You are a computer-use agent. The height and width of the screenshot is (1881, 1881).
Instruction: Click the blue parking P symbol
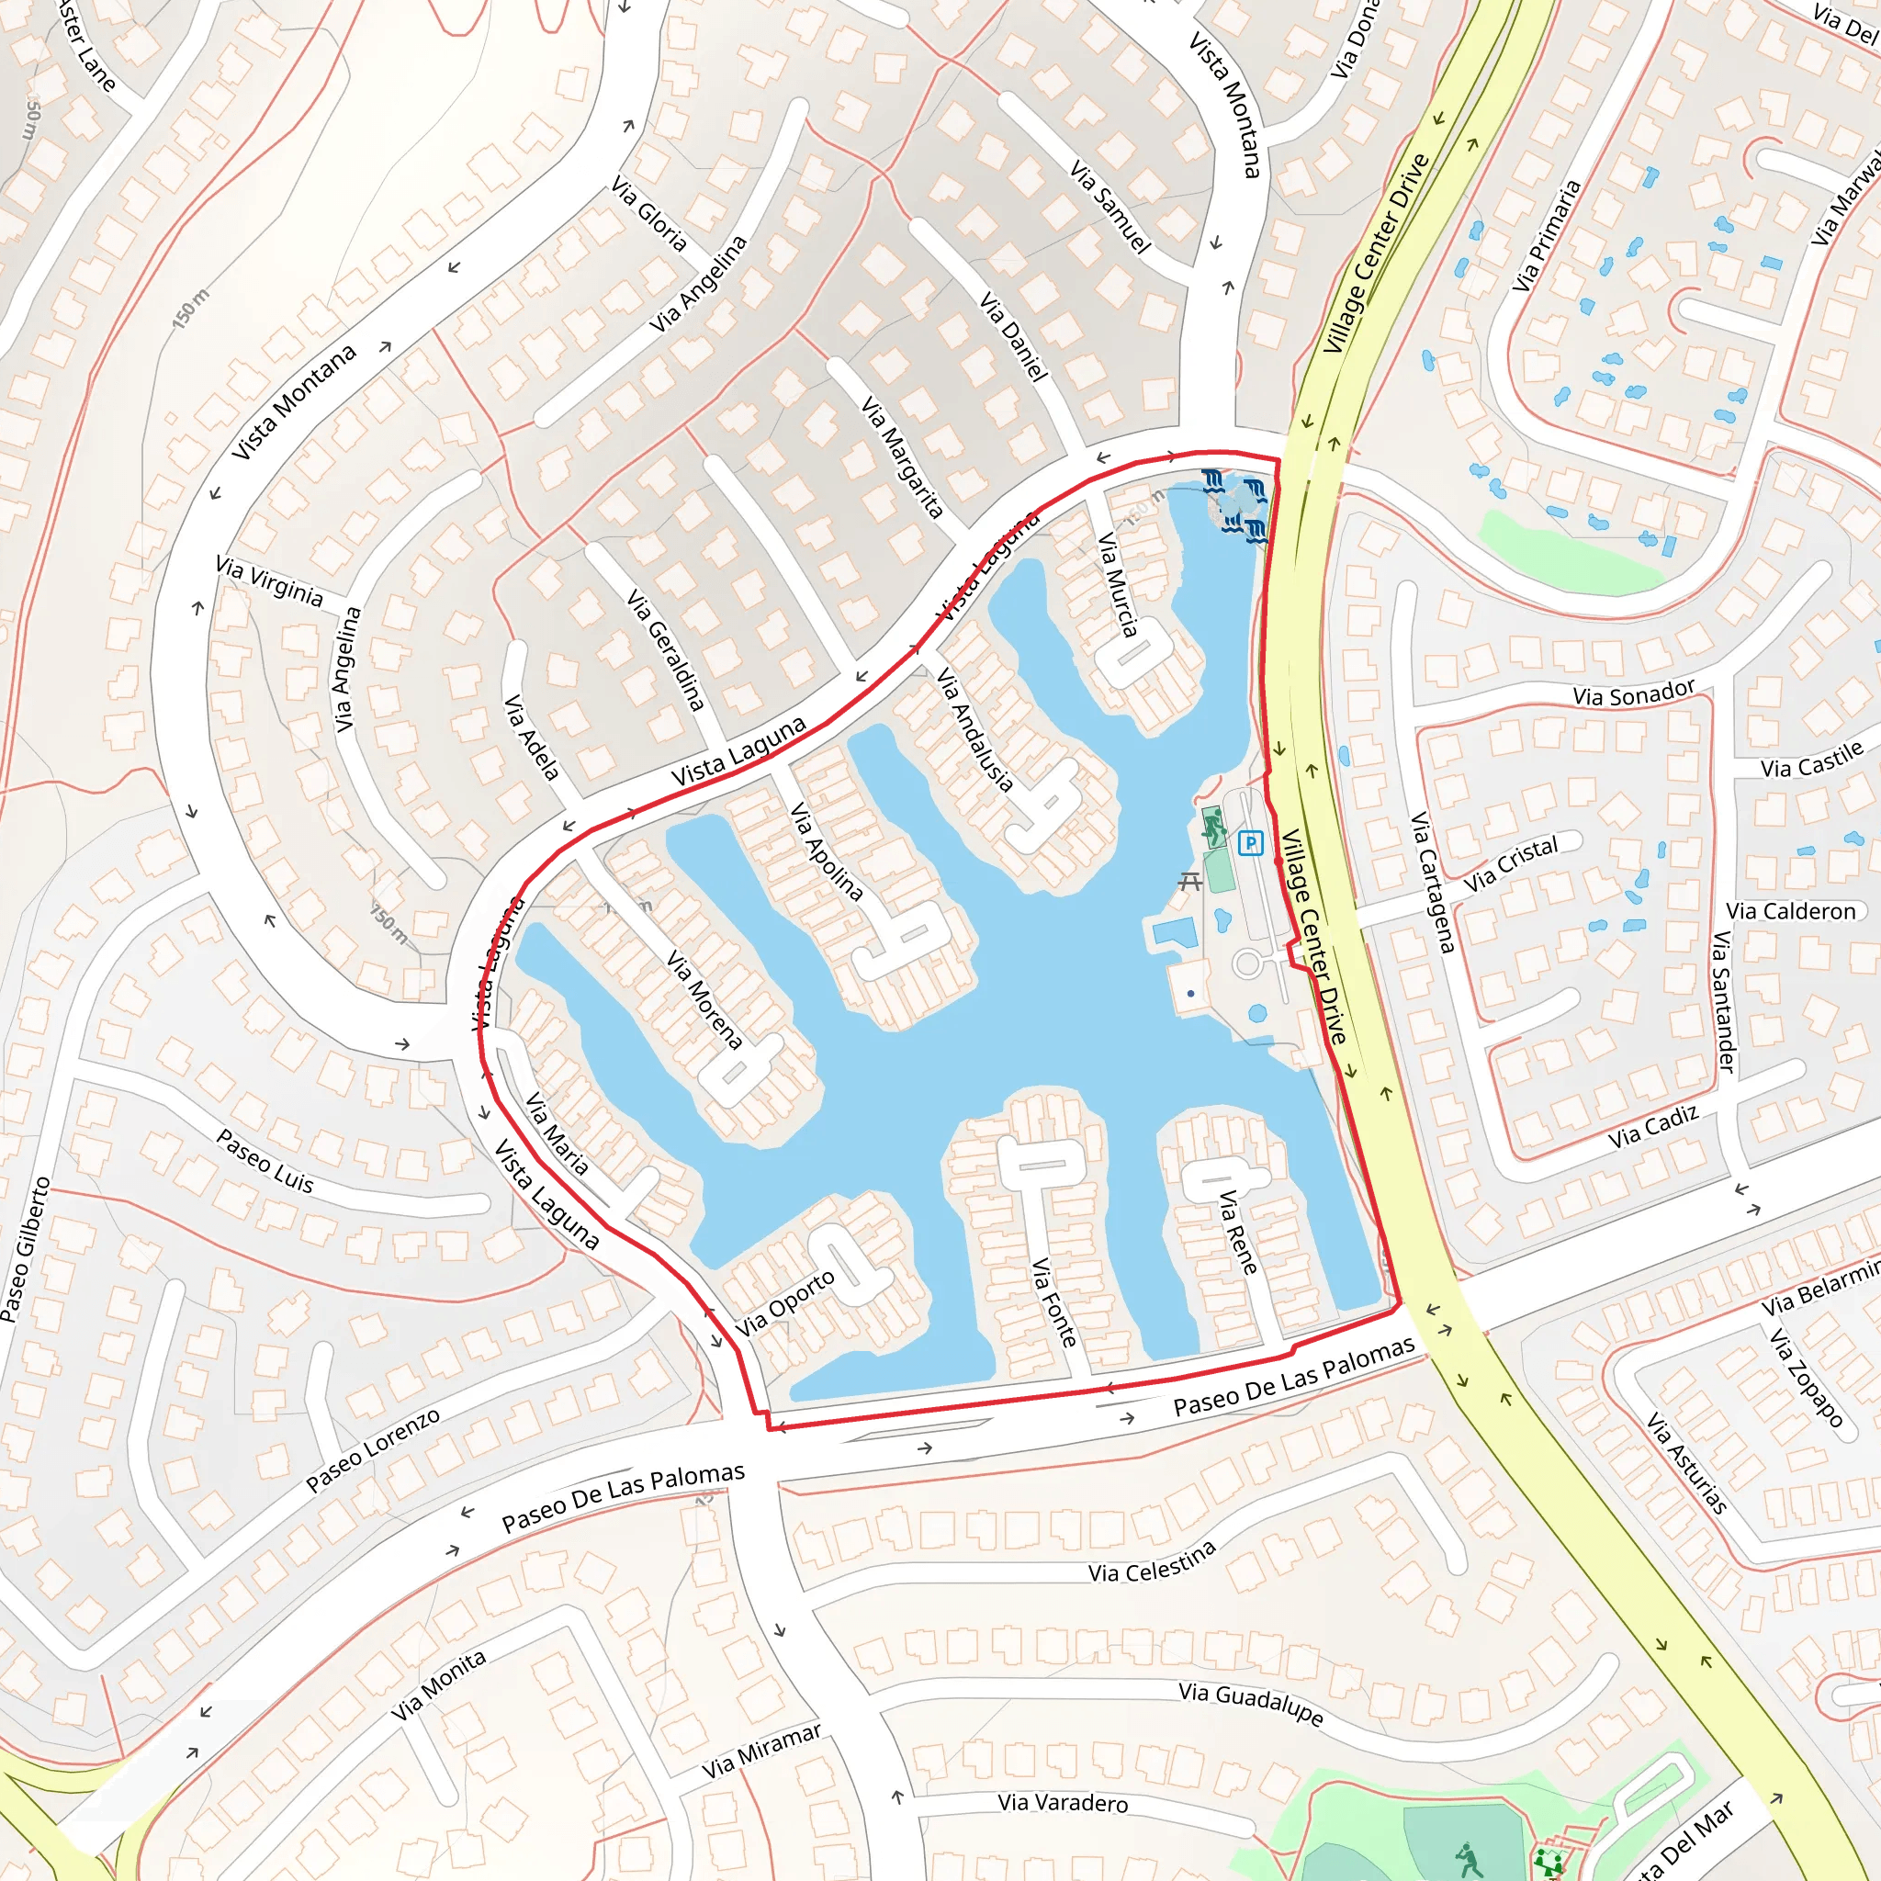point(1250,843)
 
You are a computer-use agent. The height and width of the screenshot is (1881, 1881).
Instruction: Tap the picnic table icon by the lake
point(1189,882)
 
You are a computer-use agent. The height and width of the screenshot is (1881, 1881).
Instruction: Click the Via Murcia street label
point(1118,584)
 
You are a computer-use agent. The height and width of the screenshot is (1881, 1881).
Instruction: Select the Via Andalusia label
point(975,728)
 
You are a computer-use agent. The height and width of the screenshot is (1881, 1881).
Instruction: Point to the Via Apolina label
point(827,850)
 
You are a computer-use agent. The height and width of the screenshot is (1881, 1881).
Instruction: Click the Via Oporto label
point(784,1303)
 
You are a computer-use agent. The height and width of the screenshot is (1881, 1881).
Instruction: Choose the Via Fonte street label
point(1054,1301)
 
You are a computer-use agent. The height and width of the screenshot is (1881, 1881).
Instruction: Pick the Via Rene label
point(1238,1233)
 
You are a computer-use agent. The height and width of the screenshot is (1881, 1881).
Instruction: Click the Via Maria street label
point(557,1133)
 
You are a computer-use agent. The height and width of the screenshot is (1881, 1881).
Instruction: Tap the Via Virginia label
point(270,580)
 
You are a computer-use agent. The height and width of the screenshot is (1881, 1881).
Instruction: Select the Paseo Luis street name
point(265,1162)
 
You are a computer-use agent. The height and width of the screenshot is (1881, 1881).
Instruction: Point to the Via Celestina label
point(1152,1560)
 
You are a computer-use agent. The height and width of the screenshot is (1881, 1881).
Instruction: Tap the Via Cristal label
point(1511,863)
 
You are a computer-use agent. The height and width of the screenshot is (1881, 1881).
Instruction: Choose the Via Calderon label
point(1790,911)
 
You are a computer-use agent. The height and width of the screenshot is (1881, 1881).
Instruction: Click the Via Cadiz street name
point(1653,1126)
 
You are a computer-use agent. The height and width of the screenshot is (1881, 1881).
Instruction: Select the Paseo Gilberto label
point(26,1249)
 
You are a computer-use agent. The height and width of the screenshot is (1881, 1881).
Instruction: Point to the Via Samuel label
point(1109,207)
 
